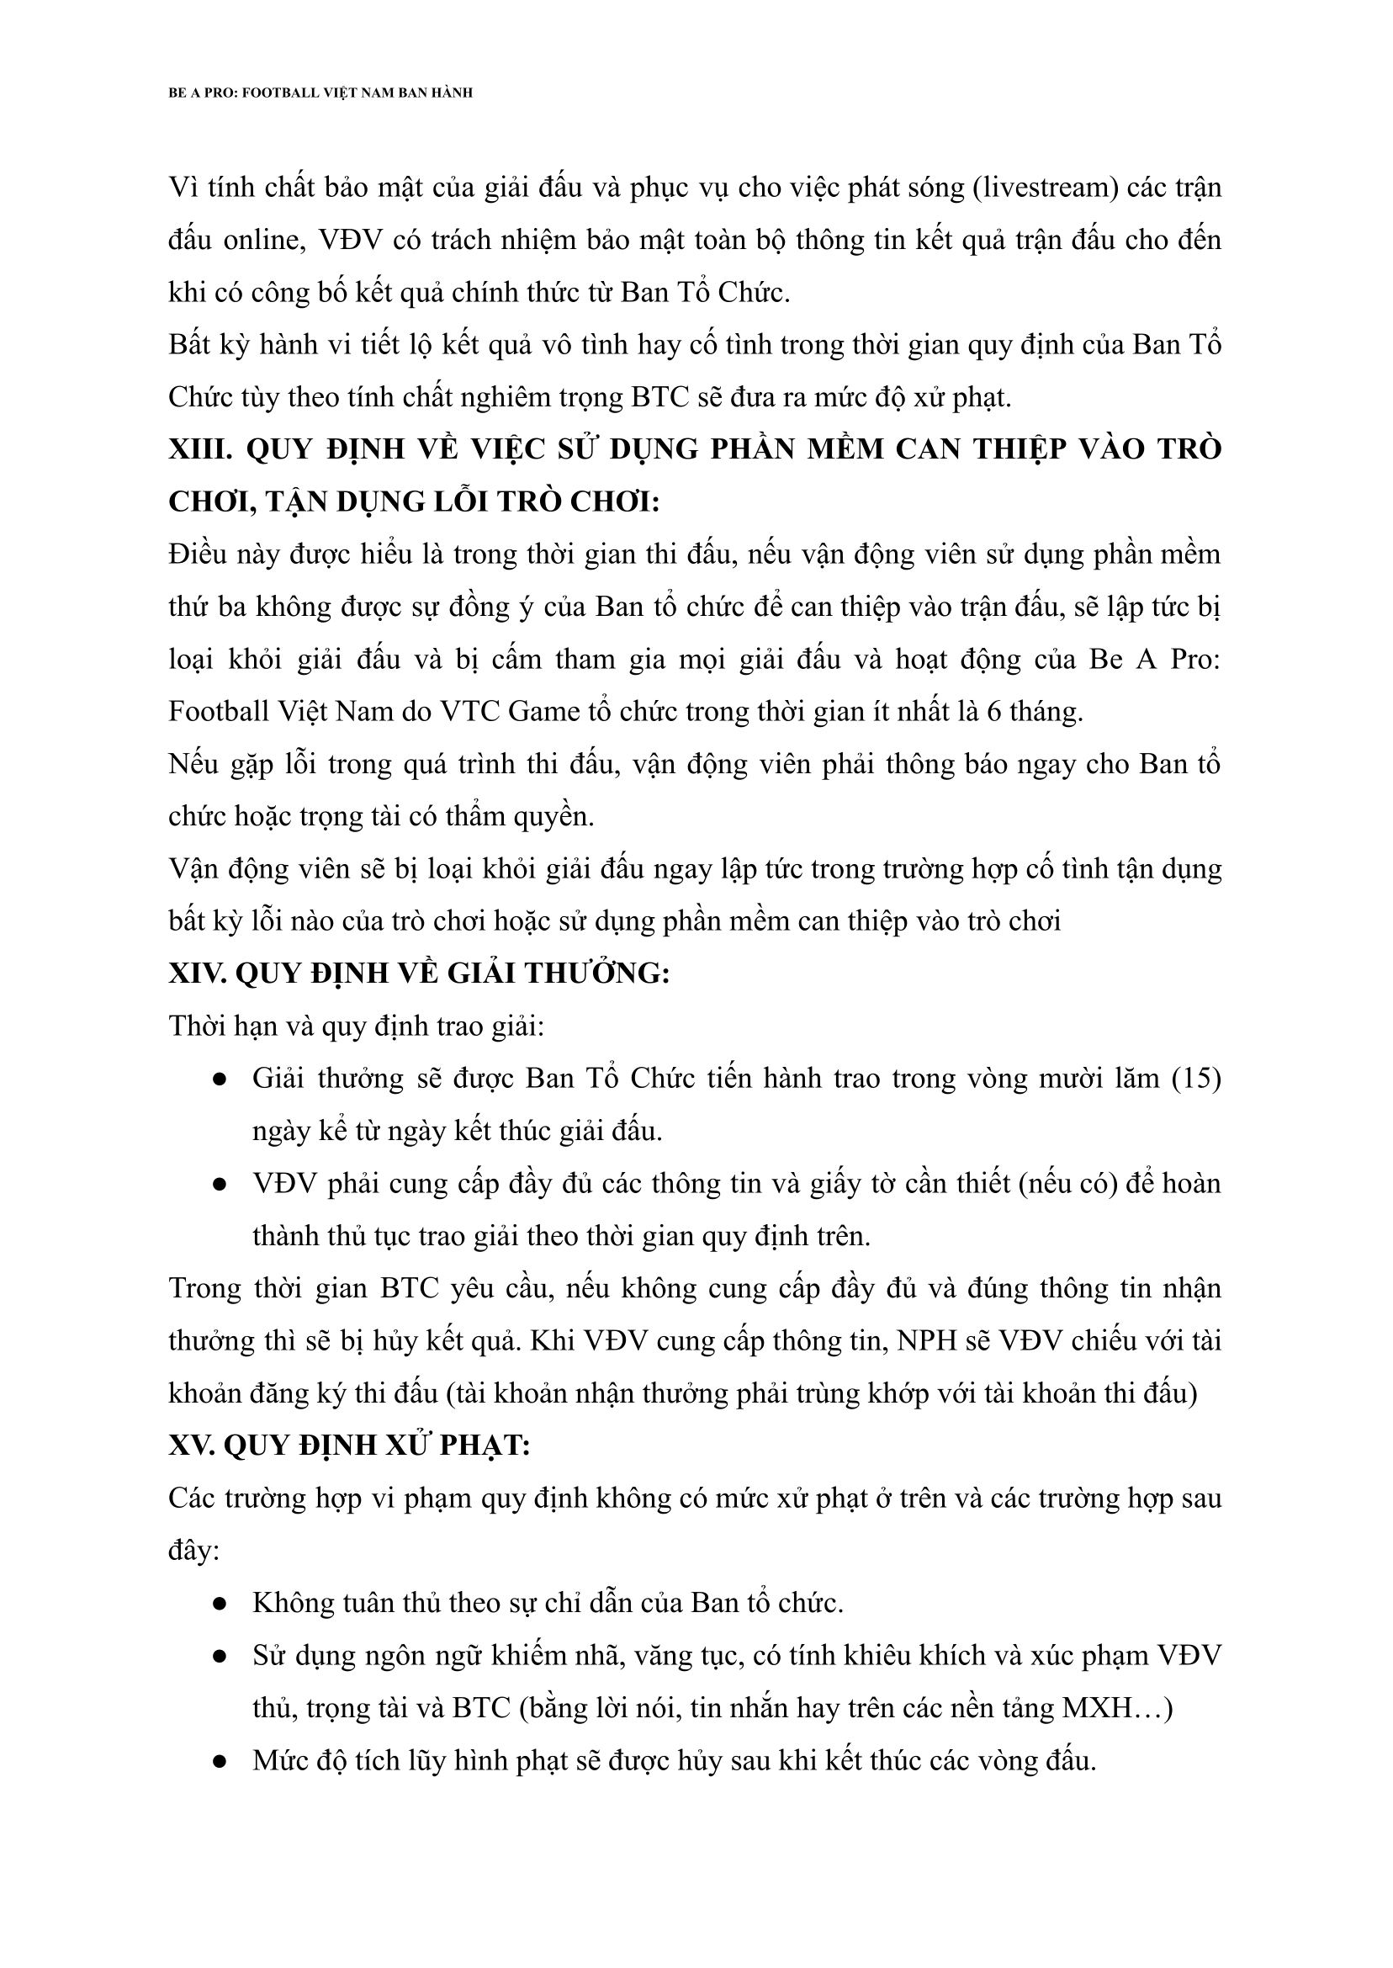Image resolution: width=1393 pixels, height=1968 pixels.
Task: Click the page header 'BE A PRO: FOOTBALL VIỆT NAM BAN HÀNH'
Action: (320, 93)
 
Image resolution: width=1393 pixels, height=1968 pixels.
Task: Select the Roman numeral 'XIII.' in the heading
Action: (201, 449)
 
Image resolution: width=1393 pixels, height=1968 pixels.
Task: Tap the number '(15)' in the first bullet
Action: (1195, 1079)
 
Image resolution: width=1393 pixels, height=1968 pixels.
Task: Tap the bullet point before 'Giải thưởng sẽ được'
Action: (220, 1080)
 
